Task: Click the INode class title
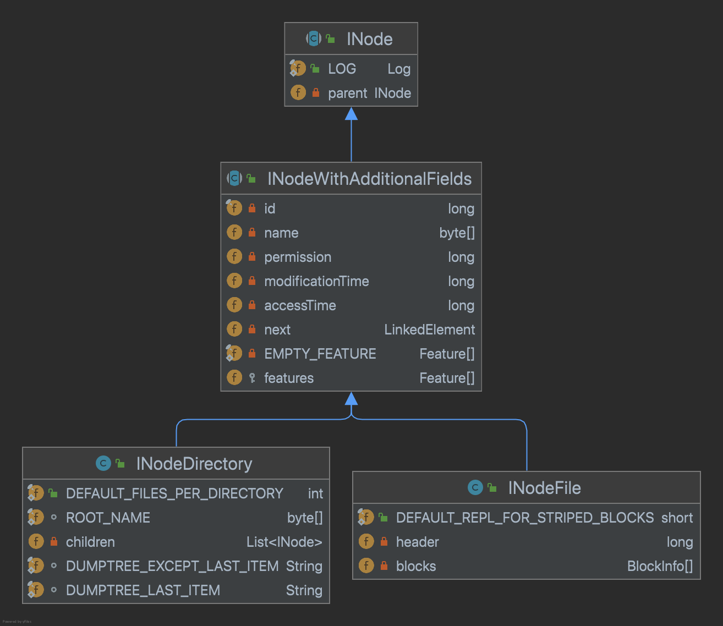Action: point(369,39)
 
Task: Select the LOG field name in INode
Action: point(342,69)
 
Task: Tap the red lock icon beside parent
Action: point(315,92)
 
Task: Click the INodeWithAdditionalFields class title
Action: point(369,179)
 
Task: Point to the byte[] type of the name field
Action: point(457,233)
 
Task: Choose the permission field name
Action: point(298,257)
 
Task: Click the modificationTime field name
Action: point(316,281)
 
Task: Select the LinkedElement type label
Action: point(430,330)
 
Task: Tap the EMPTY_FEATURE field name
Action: point(320,354)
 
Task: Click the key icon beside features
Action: point(252,378)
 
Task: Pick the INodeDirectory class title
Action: point(194,464)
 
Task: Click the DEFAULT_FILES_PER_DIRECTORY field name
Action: point(174,493)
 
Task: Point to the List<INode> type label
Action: point(284,542)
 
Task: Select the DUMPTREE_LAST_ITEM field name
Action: point(143,590)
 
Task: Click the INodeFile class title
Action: point(544,488)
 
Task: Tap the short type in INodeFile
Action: point(677,518)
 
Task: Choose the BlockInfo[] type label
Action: point(660,566)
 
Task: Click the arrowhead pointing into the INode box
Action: point(351,114)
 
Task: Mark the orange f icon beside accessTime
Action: point(234,305)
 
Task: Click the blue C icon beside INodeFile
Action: point(475,487)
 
